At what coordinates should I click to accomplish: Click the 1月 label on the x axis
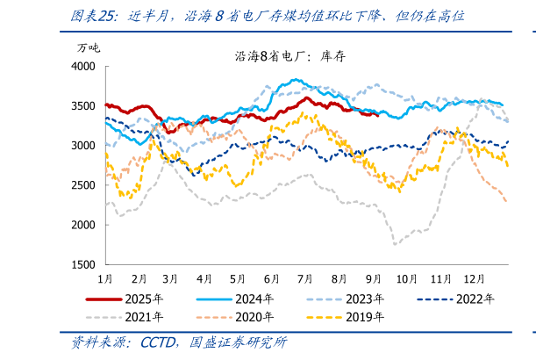click(x=104, y=278)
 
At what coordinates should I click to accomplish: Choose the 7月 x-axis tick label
click(x=306, y=278)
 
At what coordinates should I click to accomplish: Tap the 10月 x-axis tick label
click(x=406, y=278)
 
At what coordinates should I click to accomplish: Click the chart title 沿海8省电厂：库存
click(x=285, y=57)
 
